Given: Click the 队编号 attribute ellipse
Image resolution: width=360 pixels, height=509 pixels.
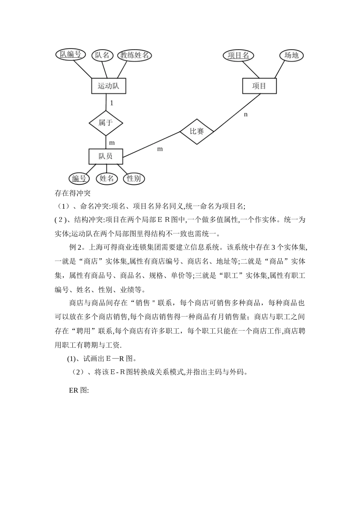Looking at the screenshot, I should [70, 55].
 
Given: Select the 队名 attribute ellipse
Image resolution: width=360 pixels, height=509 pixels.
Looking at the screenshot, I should [102, 55].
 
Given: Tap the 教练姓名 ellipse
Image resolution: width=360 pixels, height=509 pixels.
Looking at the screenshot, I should [134, 55].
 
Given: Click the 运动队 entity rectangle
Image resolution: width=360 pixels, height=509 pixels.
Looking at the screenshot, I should [108, 86].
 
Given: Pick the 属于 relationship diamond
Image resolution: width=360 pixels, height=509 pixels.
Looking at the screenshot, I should [106, 123].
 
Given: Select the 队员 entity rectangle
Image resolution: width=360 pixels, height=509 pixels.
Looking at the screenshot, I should [106, 156].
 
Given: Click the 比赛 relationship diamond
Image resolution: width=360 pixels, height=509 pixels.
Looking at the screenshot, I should [197, 131].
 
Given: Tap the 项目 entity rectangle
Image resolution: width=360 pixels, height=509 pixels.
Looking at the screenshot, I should [259, 86].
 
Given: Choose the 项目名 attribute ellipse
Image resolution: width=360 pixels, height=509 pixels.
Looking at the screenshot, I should [238, 55].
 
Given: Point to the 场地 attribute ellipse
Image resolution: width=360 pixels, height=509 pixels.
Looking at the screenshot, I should [291, 55].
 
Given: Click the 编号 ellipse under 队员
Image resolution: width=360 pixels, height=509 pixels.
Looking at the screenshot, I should [79, 178].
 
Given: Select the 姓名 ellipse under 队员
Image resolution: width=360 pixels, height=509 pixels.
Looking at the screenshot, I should [107, 178].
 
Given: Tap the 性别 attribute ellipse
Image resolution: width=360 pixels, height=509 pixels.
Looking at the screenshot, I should [134, 178].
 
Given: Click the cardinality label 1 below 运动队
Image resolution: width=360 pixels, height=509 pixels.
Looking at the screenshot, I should [111, 103].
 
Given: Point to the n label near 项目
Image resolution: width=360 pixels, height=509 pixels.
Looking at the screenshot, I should [246, 114].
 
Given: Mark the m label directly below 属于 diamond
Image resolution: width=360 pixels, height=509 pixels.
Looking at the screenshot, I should [112, 143].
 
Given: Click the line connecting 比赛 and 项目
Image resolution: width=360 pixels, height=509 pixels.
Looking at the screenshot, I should [237, 113].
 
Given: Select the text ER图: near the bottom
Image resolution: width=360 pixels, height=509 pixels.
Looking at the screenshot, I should [79, 390].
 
